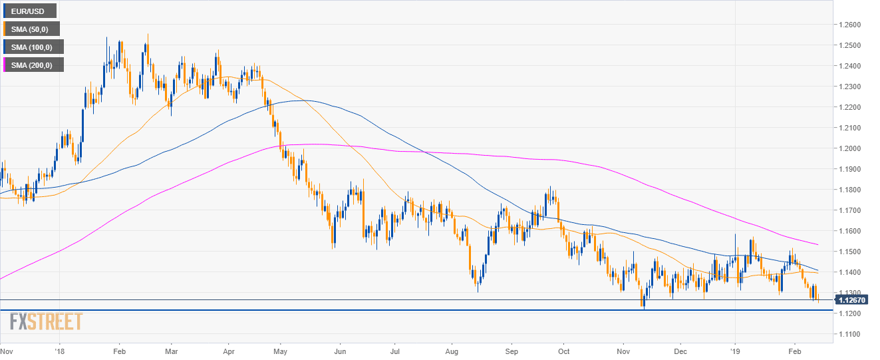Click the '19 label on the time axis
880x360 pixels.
pyautogui.click(x=735, y=350)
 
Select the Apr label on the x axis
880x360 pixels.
pyautogui.click(x=228, y=350)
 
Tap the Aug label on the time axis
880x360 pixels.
pyautogui.click(x=452, y=350)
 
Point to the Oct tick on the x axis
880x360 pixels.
pyautogui.click(x=563, y=350)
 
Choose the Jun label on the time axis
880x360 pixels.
pyautogui.click(x=340, y=350)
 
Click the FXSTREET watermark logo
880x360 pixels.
pyautogui.click(x=46, y=323)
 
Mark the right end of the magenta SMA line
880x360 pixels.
pyautogui.click(x=817, y=244)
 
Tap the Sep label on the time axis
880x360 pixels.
pyautogui.click(x=512, y=350)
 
